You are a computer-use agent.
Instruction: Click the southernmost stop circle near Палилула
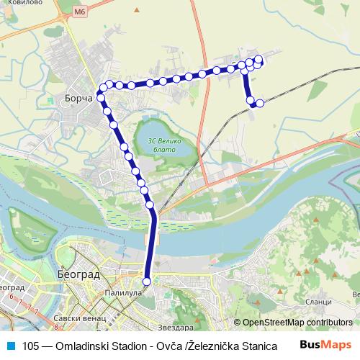(148, 282)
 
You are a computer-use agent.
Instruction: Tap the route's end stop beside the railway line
(260, 104)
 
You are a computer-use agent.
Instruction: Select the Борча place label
(78, 99)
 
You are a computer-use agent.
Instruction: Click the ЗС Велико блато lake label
(162, 145)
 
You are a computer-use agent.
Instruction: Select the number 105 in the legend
(32, 346)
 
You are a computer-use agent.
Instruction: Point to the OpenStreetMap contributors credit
(297, 323)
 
